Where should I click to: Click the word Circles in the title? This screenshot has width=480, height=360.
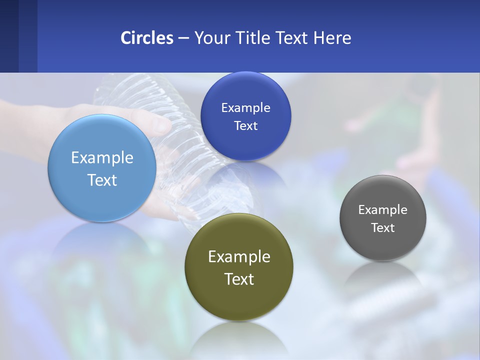(147, 38)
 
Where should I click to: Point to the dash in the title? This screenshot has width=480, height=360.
(183, 38)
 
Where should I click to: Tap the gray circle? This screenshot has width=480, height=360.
(383, 245)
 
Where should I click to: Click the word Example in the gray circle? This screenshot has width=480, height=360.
(383, 210)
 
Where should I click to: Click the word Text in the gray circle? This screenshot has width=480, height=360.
(383, 228)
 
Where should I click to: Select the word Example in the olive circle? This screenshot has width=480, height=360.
(239, 257)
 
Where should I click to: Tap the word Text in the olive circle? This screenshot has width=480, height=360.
(239, 279)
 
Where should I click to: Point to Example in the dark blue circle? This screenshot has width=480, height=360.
(245, 108)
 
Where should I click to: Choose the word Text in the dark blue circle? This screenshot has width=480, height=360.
(245, 126)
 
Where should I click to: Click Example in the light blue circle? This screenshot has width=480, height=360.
(102, 158)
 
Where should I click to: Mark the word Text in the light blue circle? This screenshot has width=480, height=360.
(102, 180)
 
